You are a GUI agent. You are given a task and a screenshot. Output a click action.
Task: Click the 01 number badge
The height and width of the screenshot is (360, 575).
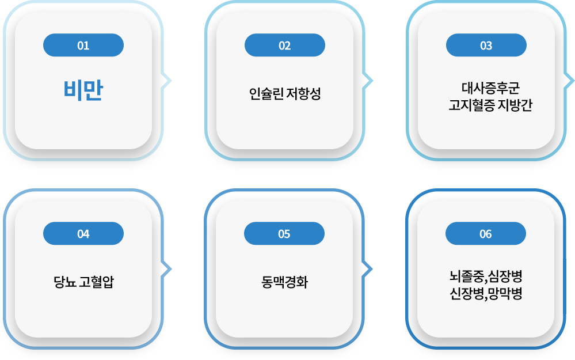83,46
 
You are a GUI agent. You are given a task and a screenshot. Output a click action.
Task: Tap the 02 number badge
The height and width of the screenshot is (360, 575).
285,46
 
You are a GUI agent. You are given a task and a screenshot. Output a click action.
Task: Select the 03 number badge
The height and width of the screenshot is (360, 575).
486,46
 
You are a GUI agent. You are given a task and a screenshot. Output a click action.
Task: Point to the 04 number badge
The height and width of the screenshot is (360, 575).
83,234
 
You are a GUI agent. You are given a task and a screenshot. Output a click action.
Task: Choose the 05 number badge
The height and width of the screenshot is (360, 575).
284,234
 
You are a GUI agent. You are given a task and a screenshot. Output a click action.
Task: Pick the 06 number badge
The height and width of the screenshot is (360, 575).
486,234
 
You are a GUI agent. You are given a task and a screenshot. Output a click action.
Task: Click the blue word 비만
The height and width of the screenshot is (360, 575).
83,92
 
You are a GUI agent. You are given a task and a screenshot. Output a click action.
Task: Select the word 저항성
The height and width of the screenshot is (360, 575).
303,93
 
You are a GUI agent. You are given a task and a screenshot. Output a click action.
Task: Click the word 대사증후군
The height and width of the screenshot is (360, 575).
490,89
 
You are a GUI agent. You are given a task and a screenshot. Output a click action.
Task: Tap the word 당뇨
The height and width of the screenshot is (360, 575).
62,283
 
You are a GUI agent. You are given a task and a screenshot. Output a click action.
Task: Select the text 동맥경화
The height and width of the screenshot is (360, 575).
284,283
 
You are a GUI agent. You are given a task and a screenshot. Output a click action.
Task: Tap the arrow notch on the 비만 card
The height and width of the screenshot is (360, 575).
167,81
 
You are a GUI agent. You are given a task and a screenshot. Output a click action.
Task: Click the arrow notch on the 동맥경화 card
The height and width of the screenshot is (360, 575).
368,268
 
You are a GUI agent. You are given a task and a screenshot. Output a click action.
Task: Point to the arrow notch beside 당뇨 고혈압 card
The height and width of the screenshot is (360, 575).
167,268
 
